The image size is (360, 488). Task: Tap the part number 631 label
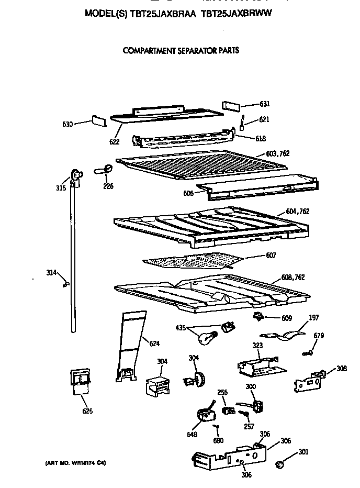(x=265, y=104)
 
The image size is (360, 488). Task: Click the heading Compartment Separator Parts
(x=181, y=51)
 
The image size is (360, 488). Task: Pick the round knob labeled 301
(x=279, y=464)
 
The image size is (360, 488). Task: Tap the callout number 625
(x=87, y=411)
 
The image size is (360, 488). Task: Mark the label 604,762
(x=297, y=212)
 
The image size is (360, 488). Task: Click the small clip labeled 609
(x=257, y=317)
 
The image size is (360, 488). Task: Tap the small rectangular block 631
(x=230, y=105)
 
